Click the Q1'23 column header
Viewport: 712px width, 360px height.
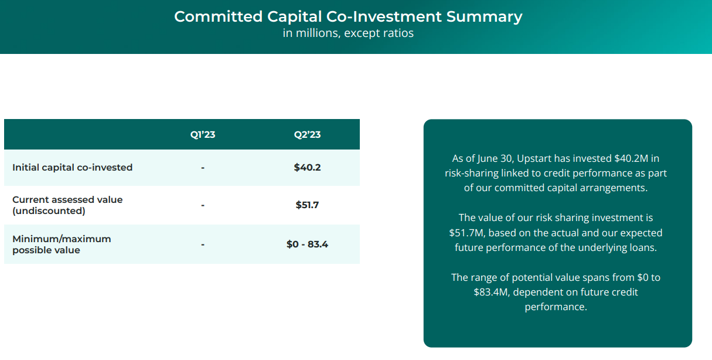pyautogui.click(x=203, y=134)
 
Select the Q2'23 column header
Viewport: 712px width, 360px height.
pyautogui.click(x=307, y=134)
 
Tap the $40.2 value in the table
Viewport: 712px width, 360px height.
pyautogui.click(x=307, y=167)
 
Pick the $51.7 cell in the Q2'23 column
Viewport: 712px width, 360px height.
pyautogui.click(x=307, y=205)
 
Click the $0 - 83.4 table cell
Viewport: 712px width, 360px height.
pyautogui.click(x=307, y=244)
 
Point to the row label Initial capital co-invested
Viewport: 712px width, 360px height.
pyautogui.click(x=73, y=167)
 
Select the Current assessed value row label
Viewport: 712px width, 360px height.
pyautogui.click(x=67, y=205)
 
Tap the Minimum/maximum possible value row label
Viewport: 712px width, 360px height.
pyautogui.click(x=62, y=244)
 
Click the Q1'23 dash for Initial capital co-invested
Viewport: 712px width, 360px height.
pyautogui.click(x=203, y=168)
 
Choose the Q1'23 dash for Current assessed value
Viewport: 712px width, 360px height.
pyautogui.click(x=203, y=205)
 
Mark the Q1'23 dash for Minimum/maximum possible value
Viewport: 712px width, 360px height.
pyautogui.click(x=203, y=244)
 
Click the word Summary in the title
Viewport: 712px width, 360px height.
pyautogui.click(x=484, y=17)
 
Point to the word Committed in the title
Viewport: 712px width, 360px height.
pyautogui.click(x=219, y=16)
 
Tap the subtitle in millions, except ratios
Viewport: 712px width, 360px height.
pyautogui.click(x=348, y=33)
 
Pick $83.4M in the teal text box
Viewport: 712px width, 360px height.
pyautogui.click(x=490, y=292)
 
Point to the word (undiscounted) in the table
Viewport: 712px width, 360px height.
pyautogui.click(x=49, y=211)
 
